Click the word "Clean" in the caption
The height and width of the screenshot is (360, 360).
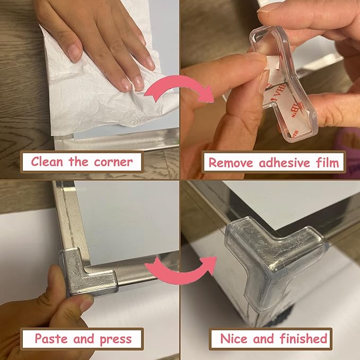(47, 161)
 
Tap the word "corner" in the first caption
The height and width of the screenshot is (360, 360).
(113, 162)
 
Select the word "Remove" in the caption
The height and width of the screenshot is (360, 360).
(231, 163)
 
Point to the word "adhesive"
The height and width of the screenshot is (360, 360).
(285, 163)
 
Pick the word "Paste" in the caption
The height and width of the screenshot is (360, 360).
(51, 338)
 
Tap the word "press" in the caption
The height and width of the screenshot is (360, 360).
(116, 339)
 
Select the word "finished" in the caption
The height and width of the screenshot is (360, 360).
(303, 338)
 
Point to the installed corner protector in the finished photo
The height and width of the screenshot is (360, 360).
(276, 259)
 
